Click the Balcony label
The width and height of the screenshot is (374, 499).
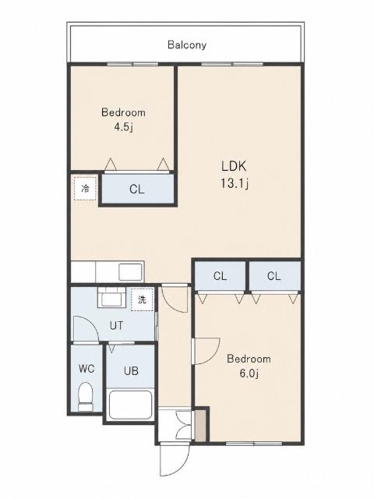(187, 45)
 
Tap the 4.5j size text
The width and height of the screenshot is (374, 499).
(123, 127)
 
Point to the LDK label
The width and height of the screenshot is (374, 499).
(234, 166)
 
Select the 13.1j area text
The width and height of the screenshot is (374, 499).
(235, 183)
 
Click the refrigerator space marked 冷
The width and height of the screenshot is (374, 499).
(85, 189)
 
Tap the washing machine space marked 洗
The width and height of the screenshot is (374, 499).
(142, 299)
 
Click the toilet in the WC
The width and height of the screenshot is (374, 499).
(85, 397)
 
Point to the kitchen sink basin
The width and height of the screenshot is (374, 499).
(130, 272)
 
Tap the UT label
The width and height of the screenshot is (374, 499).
(116, 326)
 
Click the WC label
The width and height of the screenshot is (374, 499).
(86, 369)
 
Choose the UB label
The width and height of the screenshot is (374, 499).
(131, 371)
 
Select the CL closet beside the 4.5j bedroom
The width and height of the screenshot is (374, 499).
(137, 189)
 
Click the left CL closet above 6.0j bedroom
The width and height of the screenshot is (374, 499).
(220, 276)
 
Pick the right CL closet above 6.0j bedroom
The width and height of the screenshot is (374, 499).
(274, 276)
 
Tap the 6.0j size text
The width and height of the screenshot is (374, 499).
(249, 373)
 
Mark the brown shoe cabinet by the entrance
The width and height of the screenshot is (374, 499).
(200, 426)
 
